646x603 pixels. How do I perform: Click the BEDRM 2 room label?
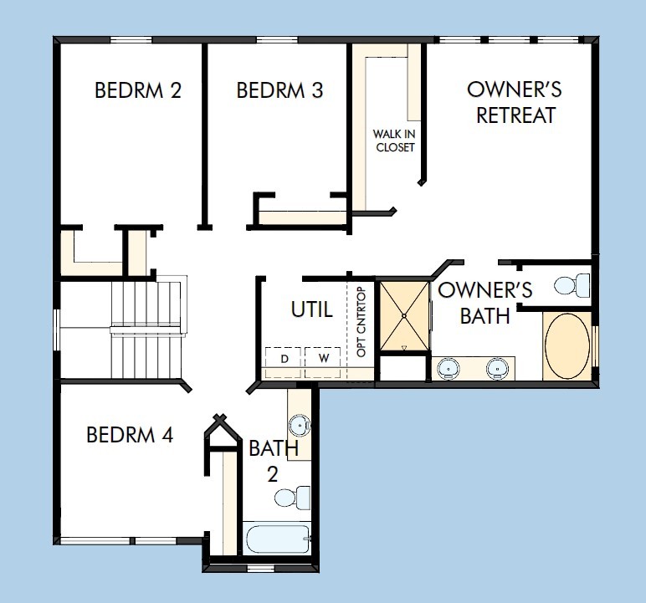point(138,90)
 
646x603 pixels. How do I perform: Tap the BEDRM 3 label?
point(279,90)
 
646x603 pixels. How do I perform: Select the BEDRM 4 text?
point(130,435)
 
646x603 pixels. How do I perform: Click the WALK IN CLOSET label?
point(394,141)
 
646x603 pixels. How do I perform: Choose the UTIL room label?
point(311,309)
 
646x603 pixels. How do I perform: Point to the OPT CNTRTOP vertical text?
point(361,322)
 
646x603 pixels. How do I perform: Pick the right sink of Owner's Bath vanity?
point(498,366)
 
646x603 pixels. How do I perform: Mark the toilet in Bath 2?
point(287,498)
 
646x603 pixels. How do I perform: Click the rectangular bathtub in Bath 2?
point(278,537)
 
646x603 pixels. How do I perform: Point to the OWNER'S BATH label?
point(485,303)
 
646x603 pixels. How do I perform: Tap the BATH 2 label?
point(273,461)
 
